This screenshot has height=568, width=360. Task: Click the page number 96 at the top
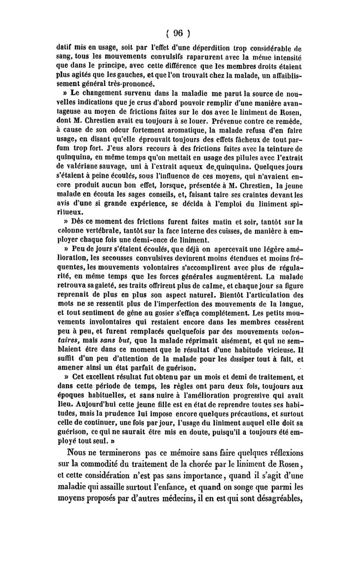tap(180, 33)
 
